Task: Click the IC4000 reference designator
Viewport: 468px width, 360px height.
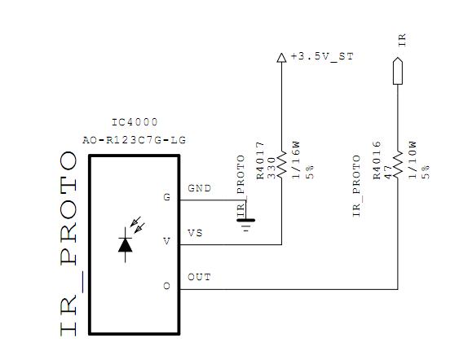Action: pyautogui.click(x=135, y=122)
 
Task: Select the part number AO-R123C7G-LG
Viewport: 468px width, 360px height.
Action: pyautogui.click(x=135, y=140)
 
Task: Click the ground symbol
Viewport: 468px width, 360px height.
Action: pyautogui.click(x=246, y=224)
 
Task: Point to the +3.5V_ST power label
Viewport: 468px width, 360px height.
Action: pyautogui.click(x=322, y=56)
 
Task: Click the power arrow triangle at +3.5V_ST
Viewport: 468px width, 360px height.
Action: pyautogui.click(x=281, y=58)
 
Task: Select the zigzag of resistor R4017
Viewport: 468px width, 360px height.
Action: pyautogui.click(x=281, y=165)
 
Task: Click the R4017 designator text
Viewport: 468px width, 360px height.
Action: pyautogui.click(x=260, y=160)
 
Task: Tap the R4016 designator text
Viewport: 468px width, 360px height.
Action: pyautogui.click(x=377, y=160)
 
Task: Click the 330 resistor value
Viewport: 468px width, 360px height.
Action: pyautogui.click(x=271, y=169)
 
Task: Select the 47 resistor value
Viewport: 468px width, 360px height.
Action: pyautogui.click(x=387, y=173)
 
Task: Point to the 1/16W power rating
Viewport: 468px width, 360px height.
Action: pyautogui.click(x=296, y=160)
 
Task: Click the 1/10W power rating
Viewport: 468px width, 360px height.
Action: pyautogui.click(x=412, y=160)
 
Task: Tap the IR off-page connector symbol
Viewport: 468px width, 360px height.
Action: pyautogui.click(x=398, y=71)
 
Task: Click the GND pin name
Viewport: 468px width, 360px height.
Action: pyautogui.click(x=200, y=188)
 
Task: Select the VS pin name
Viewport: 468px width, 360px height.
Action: pyautogui.click(x=195, y=233)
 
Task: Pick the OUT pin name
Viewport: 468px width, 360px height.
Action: pyautogui.click(x=199, y=278)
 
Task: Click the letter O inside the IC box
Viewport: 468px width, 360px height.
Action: pyautogui.click(x=167, y=287)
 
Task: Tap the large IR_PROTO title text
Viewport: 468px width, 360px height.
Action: pyautogui.click(x=69, y=244)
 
